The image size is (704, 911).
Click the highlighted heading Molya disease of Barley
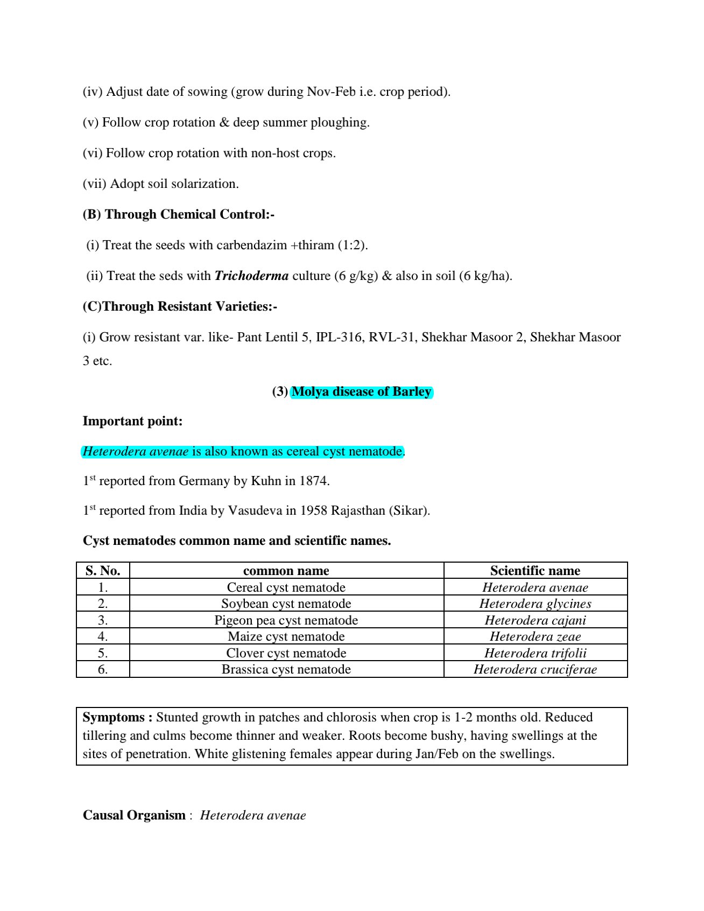click(361, 391)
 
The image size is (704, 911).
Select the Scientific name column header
click(535, 571)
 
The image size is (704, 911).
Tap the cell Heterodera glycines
click(535, 604)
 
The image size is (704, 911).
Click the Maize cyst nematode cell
click(286, 636)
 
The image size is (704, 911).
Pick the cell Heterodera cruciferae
click(535, 669)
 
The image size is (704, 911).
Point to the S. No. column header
click(103, 571)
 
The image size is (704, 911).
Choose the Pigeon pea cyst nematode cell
click(286, 620)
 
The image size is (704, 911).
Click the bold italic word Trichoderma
click(251, 276)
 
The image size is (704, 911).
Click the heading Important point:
click(132, 421)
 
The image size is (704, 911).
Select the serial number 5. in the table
click(103, 653)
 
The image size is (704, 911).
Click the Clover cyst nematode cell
click(286, 653)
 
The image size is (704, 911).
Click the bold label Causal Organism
click(134, 815)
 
